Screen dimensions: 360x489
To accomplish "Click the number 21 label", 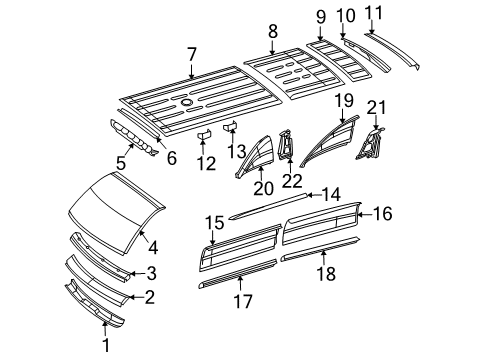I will coord(375,108).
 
